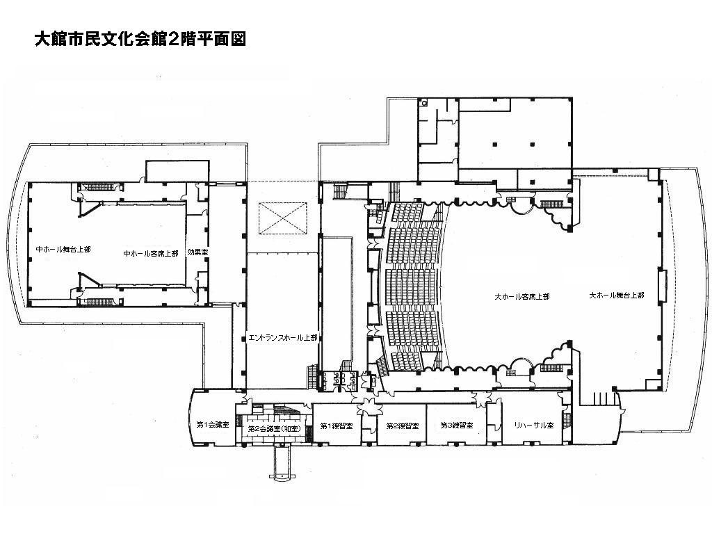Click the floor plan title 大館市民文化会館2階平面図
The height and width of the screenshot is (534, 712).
pos(140,39)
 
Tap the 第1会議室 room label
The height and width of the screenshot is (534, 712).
pos(213,425)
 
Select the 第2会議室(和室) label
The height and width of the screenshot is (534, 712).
pos(274,428)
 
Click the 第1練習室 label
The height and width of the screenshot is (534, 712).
pos(337,426)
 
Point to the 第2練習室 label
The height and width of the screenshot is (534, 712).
pos(403,426)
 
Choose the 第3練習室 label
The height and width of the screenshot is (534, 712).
pos(456,426)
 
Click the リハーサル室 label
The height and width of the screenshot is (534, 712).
pos(533,426)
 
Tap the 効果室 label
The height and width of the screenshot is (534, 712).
pos(197,252)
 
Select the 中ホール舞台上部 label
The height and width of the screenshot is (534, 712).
pos(63,250)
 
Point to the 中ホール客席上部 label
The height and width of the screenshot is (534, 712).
pos(151,253)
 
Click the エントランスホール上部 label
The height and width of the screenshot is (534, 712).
pos(283,338)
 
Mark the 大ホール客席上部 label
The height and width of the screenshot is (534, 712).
pos(521,296)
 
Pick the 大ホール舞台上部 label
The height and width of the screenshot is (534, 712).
pos(616,295)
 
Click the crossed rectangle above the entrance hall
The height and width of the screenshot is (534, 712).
pos(283,218)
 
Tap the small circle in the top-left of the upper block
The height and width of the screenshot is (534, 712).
pos(424,103)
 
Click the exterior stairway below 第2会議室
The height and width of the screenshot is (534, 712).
pos(282,462)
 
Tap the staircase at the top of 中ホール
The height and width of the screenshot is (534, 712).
pos(97,186)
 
